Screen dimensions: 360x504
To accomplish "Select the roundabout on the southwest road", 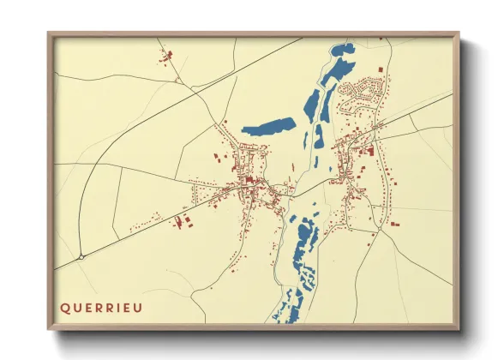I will [x=81, y=255].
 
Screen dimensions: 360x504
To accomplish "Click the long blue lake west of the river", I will [x=268, y=127].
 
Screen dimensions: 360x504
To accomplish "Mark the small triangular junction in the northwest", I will [x=177, y=80].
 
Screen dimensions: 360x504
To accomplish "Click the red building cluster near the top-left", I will [x=165, y=57].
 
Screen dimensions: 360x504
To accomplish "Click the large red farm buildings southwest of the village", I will [x=183, y=222].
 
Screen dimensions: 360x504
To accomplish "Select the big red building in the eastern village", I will [x=371, y=152].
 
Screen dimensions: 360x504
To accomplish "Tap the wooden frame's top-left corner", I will [x=48, y=33].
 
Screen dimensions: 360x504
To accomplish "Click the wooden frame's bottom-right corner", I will [x=459, y=330].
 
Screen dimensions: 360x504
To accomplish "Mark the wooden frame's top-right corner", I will [x=459, y=33].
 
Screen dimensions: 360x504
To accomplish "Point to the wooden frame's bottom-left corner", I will [x=48, y=330].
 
